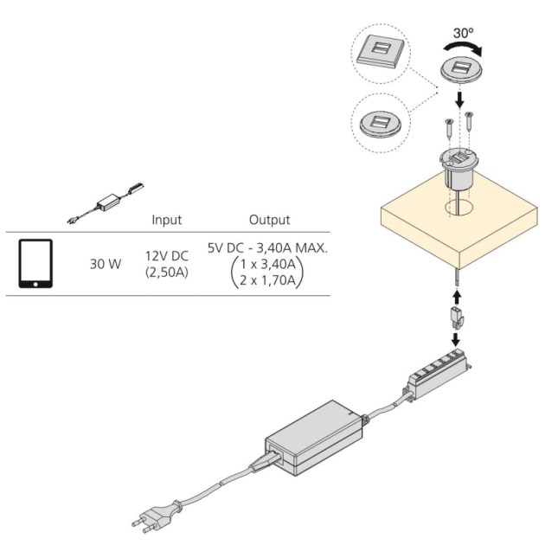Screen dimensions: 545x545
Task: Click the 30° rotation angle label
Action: (x=463, y=32)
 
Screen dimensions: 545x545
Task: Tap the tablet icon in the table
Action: (x=35, y=263)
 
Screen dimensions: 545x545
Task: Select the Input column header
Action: (x=166, y=221)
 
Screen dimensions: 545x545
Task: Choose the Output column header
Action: (x=269, y=221)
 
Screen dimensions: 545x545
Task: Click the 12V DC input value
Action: (x=167, y=256)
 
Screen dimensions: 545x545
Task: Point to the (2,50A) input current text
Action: (x=167, y=272)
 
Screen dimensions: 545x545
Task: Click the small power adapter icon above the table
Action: (x=111, y=200)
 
